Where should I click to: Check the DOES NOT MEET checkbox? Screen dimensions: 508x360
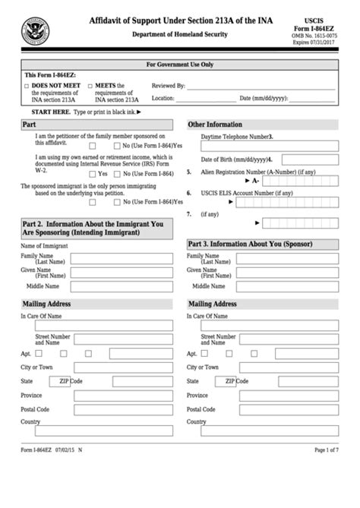point(27,87)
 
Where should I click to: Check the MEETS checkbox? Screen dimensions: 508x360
point(91,87)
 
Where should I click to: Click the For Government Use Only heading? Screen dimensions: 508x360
point(179,65)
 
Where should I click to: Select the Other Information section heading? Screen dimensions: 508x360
point(215,124)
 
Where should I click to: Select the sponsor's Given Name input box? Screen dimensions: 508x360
point(286,273)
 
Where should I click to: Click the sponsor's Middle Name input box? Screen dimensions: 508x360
point(286,287)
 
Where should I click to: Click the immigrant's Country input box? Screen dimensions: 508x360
point(98,431)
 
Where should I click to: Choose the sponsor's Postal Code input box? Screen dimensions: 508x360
point(286,409)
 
